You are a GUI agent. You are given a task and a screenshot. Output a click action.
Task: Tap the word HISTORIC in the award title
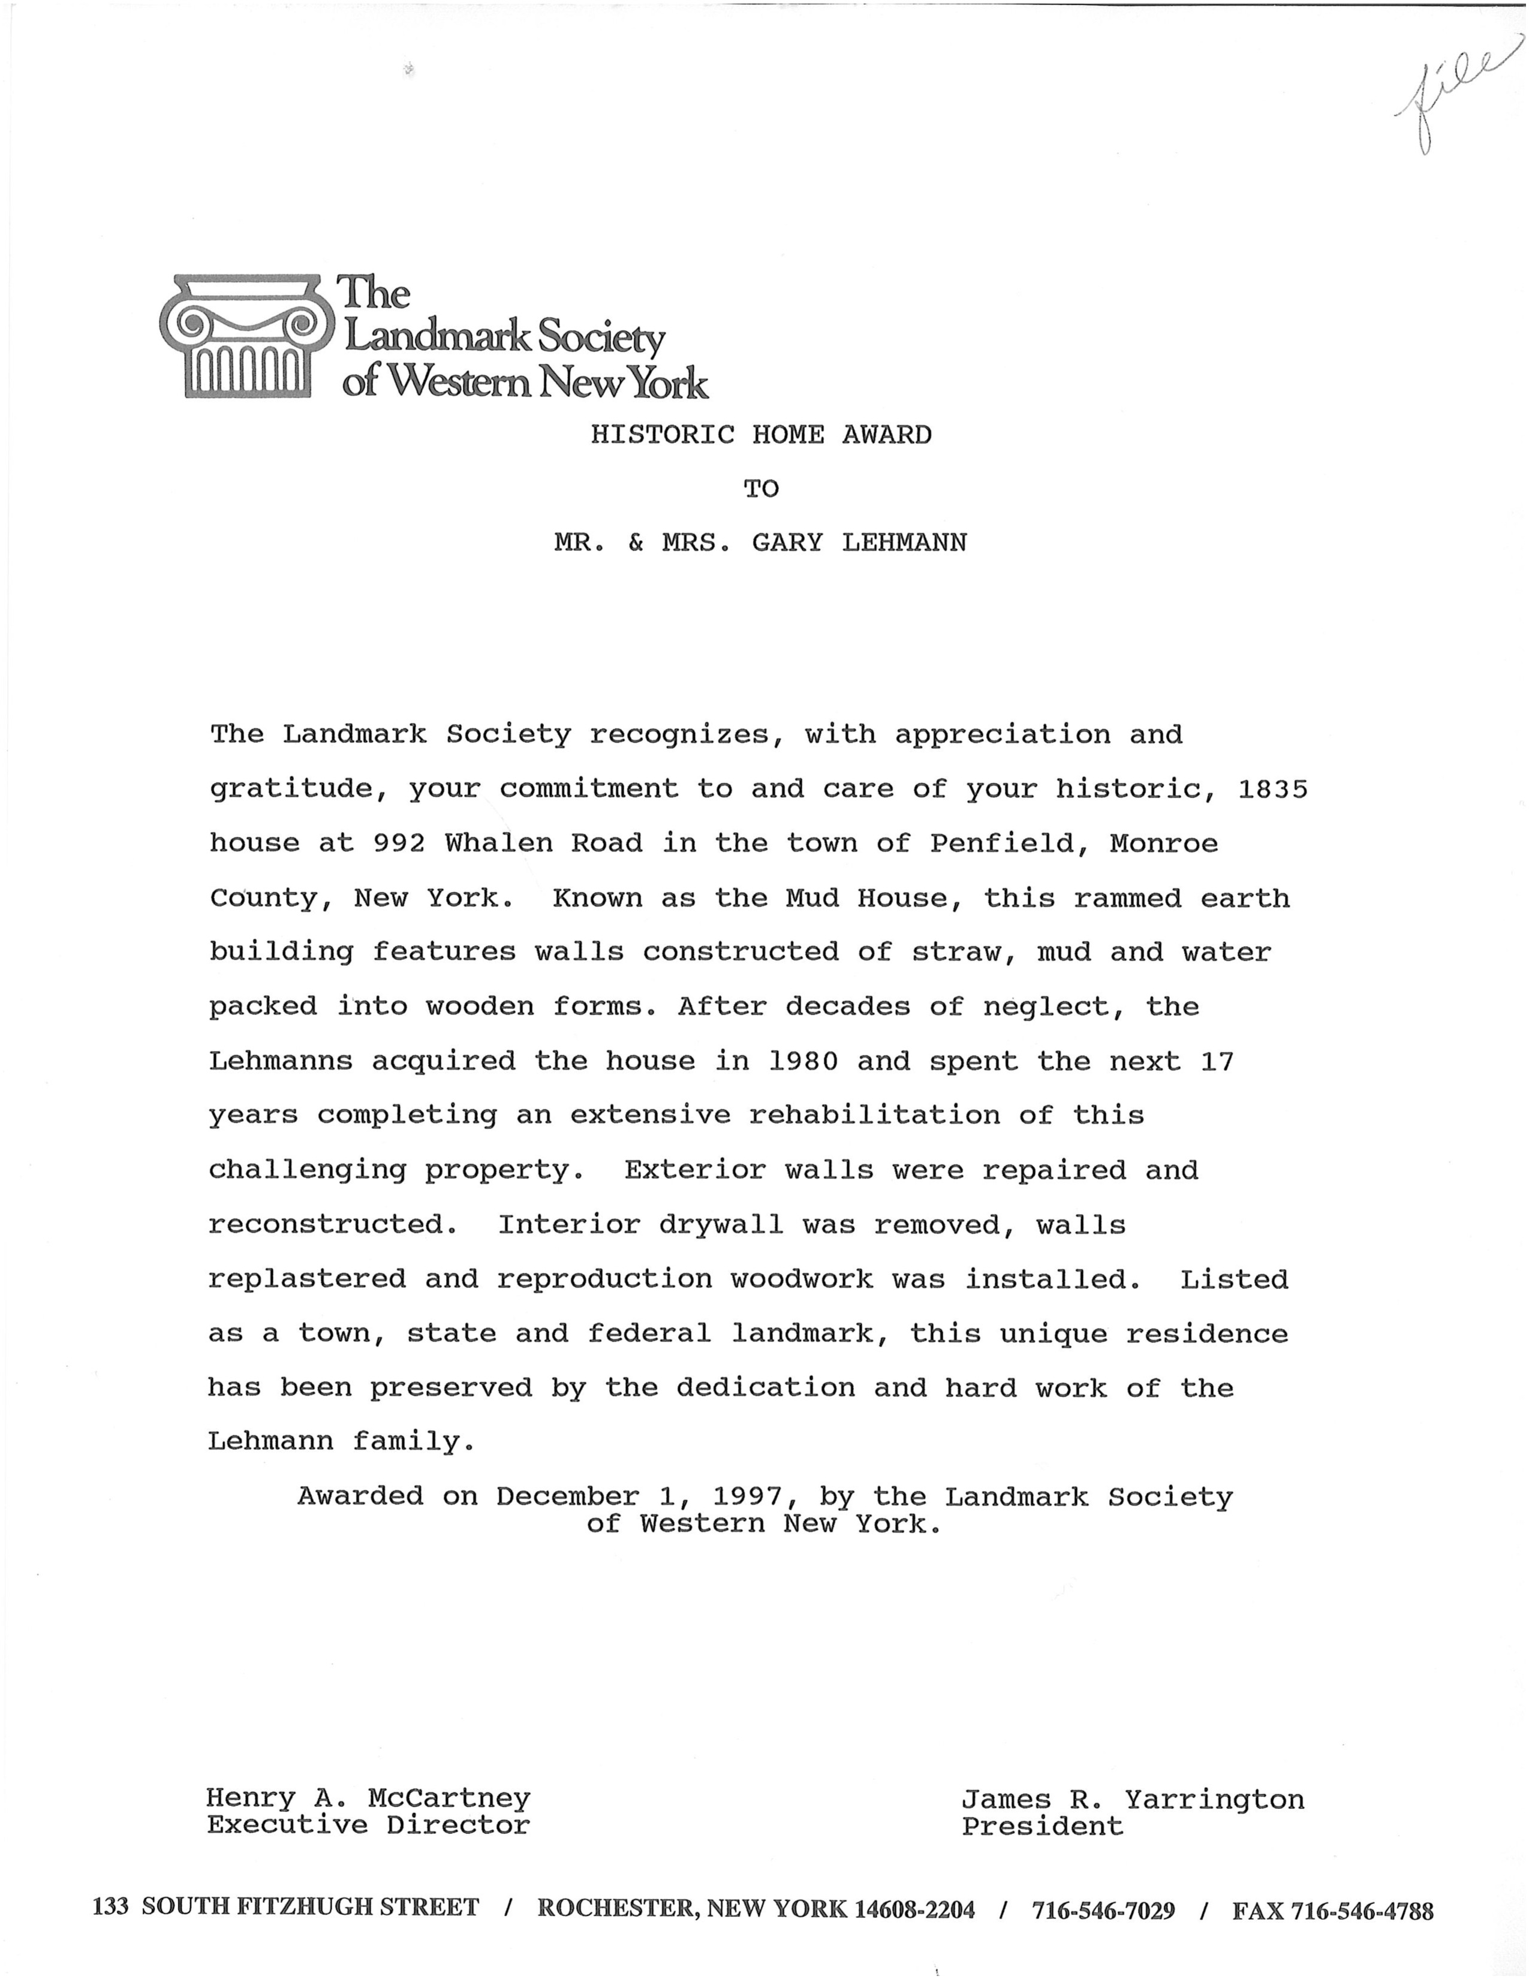pos(661,435)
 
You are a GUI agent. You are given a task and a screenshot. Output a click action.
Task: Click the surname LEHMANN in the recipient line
pos(904,543)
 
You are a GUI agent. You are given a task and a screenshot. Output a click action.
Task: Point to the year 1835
pos(1272,789)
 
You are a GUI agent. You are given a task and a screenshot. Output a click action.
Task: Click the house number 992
pos(399,844)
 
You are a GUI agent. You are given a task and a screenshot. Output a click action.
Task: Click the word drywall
pos(721,1225)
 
